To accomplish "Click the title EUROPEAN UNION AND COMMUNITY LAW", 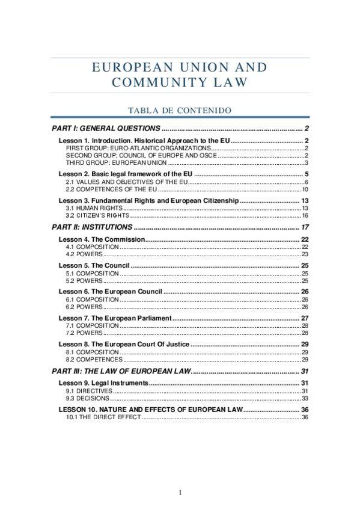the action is tap(180, 75).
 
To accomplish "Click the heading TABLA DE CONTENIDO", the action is tap(180, 110).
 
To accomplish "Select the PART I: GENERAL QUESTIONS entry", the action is tap(106, 129).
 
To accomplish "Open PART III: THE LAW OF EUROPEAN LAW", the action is tap(120, 370).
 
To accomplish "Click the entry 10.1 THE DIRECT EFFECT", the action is tap(102, 417).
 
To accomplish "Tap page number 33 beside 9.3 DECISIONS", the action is tap(305, 398).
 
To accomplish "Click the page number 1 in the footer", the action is tap(180, 493).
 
